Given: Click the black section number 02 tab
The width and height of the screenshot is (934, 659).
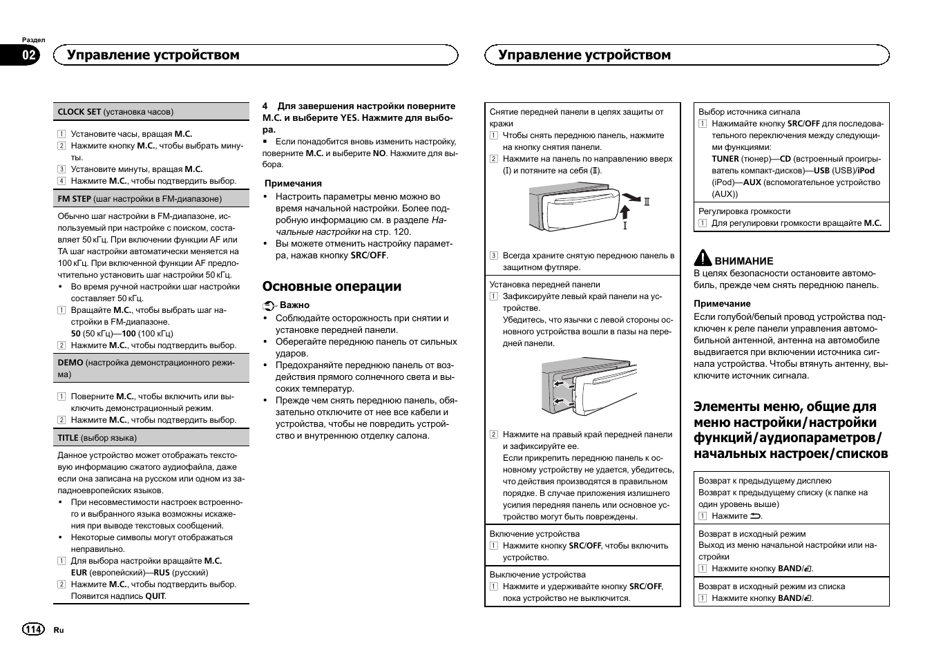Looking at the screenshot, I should [30, 55].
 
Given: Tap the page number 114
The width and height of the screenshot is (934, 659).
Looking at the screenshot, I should [33, 629].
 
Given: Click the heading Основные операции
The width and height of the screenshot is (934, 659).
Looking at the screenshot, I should [332, 287].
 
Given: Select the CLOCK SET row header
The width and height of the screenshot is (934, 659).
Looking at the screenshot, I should [115, 112].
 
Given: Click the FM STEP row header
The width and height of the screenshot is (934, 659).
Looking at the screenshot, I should [140, 199].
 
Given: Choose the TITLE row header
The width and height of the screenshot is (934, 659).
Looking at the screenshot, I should [97, 438].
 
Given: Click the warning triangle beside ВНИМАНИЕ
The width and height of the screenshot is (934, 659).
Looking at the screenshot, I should [703, 258].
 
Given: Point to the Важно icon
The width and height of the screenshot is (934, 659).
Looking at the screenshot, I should [269, 305].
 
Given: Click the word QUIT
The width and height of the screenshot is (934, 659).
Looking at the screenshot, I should [155, 596].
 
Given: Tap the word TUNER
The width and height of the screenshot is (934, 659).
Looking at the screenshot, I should [725, 159].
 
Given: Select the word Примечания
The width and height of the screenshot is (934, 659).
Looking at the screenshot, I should [293, 184].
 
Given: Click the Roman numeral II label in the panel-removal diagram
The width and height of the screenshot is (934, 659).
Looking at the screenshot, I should [647, 202].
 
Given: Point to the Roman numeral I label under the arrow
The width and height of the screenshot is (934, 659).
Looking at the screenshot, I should [625, 225].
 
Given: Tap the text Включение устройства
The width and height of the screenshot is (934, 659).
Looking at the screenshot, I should [535, 534].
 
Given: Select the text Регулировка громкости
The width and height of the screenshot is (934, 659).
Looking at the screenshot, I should [744, 211].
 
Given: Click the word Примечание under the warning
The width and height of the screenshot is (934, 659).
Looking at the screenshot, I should [722, 303].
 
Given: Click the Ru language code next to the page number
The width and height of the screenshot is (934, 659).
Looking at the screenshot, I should [59, 630].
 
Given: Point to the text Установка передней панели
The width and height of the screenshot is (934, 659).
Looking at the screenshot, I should [544, 285].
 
